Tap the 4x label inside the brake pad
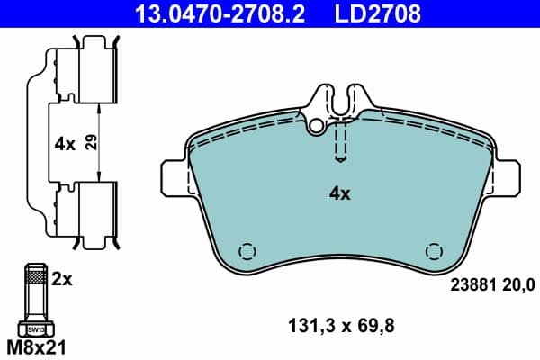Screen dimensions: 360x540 [x=339, y=193]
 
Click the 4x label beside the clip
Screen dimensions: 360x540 [x=64, y=142]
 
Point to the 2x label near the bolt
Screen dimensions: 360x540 [x=61, y=280]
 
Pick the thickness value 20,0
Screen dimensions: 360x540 [x=519, y=285]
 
